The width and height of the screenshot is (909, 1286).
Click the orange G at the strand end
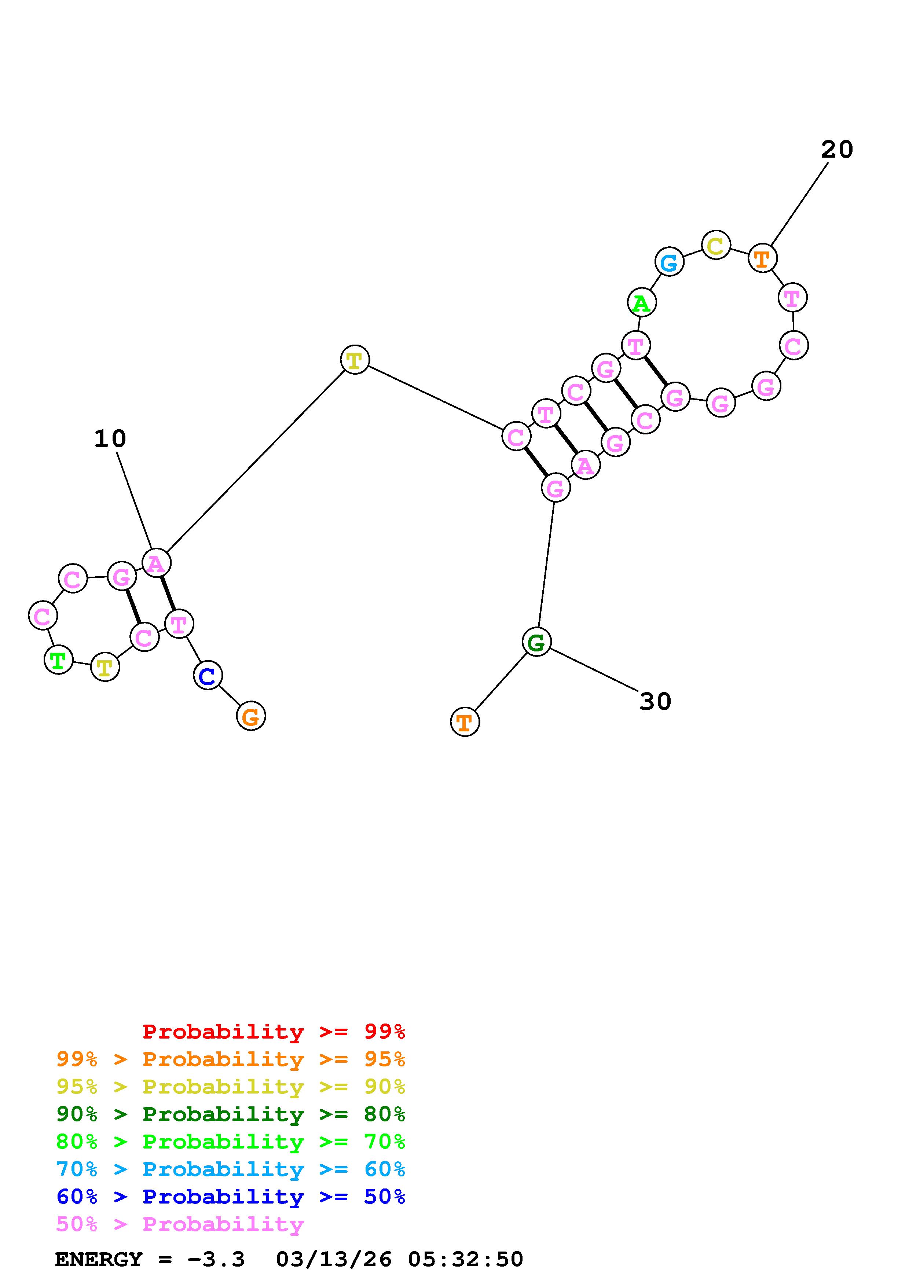coord(251,716)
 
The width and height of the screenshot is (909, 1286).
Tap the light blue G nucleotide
coord(669,262)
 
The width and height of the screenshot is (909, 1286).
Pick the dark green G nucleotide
coord(536,642)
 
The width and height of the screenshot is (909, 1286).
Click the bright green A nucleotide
coord(642,302)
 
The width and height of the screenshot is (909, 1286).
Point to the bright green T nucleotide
coord(58,660)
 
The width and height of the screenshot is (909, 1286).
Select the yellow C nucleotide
coord(716,245)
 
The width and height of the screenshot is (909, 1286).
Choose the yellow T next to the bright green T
coord(105,666)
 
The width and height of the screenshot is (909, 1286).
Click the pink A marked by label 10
coord(156,563)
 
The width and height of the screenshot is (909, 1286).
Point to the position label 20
coord(837,150)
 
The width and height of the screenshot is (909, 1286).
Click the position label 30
coord(655,701)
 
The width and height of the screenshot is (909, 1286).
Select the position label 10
coord(110,438)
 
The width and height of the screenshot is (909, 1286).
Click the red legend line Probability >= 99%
coord(274,1032)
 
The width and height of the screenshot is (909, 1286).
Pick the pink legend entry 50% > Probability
coord(179,1224)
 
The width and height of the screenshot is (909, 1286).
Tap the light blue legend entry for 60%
coord(231,1169)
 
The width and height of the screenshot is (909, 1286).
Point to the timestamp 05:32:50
coord(465,1259)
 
